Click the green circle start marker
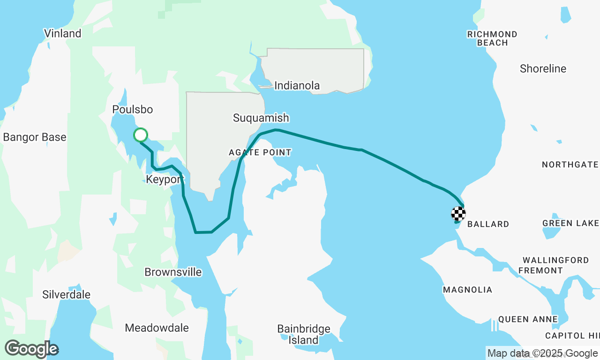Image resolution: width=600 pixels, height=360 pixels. click(141, 135)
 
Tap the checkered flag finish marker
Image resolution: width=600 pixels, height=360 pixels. click(458, 214)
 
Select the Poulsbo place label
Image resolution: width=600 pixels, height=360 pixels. click(133, 110)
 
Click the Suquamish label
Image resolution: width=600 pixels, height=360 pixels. click(261, 118)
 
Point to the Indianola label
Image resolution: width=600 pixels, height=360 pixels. click(297, 86)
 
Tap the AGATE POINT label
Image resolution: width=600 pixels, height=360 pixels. click(260, 152)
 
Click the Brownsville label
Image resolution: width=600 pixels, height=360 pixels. click(173, 272)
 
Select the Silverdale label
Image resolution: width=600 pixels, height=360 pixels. click(66, 295)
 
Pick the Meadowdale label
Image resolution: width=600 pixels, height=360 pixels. click(157, 328)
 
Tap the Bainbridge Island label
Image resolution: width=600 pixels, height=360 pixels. click(303, 334)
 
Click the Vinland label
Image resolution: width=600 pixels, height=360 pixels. click(62, 33)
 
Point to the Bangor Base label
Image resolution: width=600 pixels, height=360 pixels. click(35, 137)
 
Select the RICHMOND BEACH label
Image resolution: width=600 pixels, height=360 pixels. click(492, 38)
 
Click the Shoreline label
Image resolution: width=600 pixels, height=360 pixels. click(543, 69)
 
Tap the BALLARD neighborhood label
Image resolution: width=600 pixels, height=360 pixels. click(488, 224)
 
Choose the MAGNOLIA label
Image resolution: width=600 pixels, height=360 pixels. click(467, 290)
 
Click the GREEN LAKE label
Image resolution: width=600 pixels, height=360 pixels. click(570, 223)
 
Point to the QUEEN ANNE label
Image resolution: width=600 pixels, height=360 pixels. click(528, 320)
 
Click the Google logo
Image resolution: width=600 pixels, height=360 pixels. click(31, 349)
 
